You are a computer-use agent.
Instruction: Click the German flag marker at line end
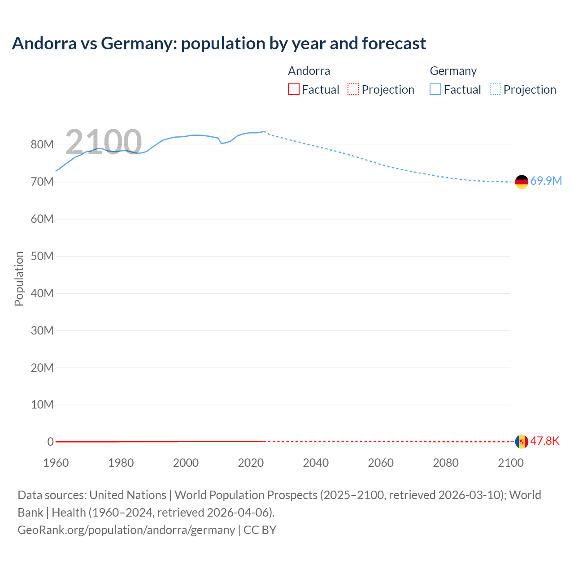522,182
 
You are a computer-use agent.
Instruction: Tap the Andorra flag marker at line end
522,442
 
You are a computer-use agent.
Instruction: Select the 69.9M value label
546,181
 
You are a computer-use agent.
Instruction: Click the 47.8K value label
544,441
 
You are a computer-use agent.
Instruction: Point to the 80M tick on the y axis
42,145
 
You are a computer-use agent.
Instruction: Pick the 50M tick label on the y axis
42,257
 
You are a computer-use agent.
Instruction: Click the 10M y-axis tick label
42,405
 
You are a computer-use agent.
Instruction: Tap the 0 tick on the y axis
50,442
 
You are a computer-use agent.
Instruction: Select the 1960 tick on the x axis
56,463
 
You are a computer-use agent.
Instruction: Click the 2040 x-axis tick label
316,463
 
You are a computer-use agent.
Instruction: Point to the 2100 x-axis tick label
510,463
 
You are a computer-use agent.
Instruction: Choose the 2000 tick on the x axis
186,463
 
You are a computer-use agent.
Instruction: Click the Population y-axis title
19,278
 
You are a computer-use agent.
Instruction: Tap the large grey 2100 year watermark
104,142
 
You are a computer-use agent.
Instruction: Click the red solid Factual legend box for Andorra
294,90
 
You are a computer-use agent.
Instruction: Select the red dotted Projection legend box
353,90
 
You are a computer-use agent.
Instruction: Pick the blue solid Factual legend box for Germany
435,90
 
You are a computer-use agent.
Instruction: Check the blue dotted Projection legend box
495,90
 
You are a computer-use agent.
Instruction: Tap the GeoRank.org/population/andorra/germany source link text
126,530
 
